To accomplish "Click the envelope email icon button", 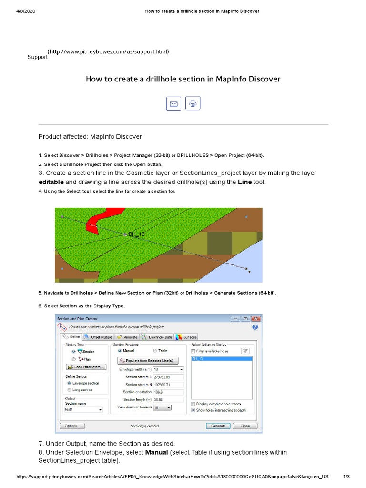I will pyautogui.click(x=173, y=103).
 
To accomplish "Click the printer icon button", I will pyautogui.click(x=193, y=103).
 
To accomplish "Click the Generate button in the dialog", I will pyautogui.click(x=218, y=426).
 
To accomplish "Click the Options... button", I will pyautogui.click(x=72, y=426).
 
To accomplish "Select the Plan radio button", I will pyautogui.click(x=73, y=359).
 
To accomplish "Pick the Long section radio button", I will pyautogui.click(x=70, y=390).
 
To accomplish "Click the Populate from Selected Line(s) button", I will pyautogui.click(x=148, y=361).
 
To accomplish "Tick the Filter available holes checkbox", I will pyautogui.click(x=193, y=351).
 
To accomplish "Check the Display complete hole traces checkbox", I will pyautogui.click(x=193, y=404).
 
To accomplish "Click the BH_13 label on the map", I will pyautogui.click(x=136, y=234).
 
